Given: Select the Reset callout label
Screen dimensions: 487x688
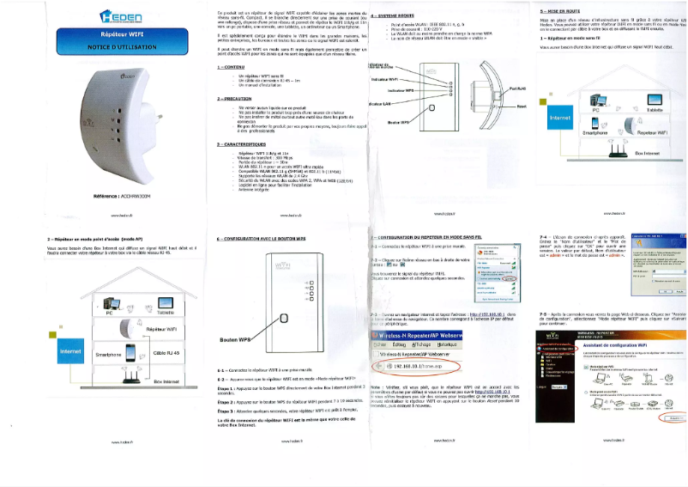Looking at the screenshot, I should [522, 106].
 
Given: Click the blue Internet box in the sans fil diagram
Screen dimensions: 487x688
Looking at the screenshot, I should [559, 117].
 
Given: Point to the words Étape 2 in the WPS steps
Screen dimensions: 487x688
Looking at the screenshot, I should [226, 400].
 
